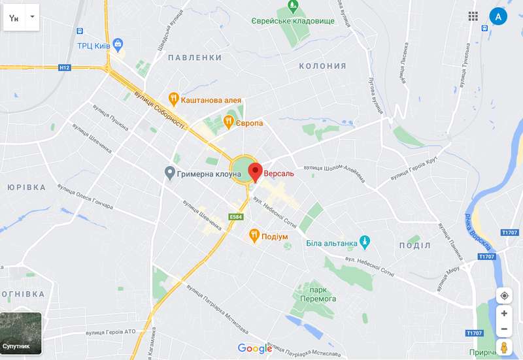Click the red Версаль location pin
[257, 172]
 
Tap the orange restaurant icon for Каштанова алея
[174, 99]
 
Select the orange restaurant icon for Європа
[229, 122]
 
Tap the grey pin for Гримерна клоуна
[169, 173]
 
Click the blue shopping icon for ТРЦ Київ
[118, 45]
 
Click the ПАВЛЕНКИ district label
[194, 57]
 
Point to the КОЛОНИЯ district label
[322, 66]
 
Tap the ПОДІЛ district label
[414, 245]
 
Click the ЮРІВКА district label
[27, 187]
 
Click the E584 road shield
[236, 217]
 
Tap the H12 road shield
[64, 67]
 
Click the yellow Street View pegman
[504, 347]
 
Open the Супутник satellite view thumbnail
[21, 333]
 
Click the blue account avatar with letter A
[498, 16]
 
